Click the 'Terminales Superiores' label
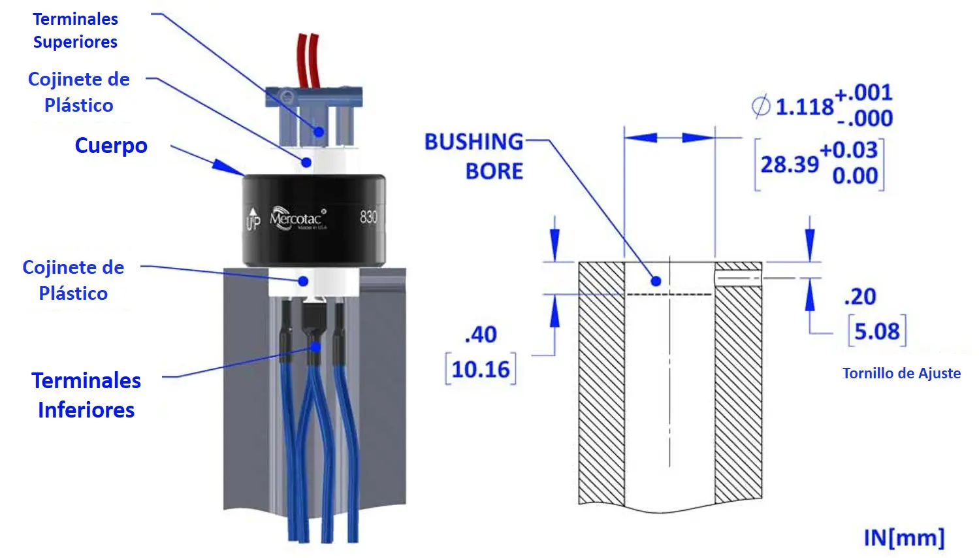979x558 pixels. coord(76,31)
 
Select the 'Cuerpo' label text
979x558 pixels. coord(111,145)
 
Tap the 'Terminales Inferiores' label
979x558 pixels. coord(86,395)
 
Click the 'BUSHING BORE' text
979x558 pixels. coord(474,156)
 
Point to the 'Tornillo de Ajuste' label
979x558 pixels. coord(901,373)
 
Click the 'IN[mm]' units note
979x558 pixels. coord(904,537)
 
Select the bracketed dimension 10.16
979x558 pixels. coord(481,370)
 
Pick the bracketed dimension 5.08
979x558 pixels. coord(877,331)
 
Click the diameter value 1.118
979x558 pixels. coord(804,107)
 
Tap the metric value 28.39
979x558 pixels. coord(789,164)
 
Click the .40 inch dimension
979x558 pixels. coord(481,335)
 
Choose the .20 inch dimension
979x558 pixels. coord(860,297)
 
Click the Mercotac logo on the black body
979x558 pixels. coord(298,218)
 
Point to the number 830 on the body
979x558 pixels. coord(368,216)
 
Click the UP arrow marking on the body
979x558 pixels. coord(253,219)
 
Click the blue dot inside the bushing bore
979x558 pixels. coord(656,281)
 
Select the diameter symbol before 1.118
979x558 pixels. coord(760,106)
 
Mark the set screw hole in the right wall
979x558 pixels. coord(738,279)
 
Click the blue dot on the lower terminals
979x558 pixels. coord(315,346)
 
